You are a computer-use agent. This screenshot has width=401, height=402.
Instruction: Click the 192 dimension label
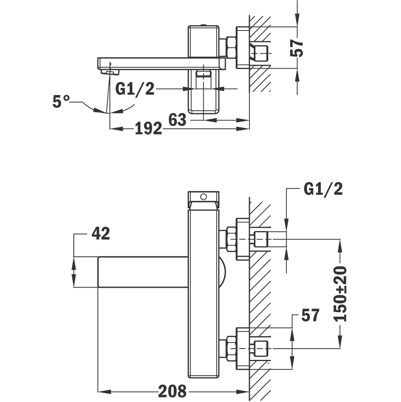pos(148,128)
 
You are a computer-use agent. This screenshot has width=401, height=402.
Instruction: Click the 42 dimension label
pos(101,233)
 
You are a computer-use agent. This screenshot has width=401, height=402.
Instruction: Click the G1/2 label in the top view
pos(135,89)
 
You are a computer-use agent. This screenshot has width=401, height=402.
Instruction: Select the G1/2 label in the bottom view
pos(323,189)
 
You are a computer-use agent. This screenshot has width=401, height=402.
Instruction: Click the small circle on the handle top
pos(203,197)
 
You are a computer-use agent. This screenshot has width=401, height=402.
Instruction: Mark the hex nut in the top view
pos(231,47)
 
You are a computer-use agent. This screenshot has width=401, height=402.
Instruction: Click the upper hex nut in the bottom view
pos(231,239)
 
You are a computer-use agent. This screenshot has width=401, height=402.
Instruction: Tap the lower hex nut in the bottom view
pos(231,347)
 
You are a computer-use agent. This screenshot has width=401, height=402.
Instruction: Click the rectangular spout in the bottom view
pos(142,272)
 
